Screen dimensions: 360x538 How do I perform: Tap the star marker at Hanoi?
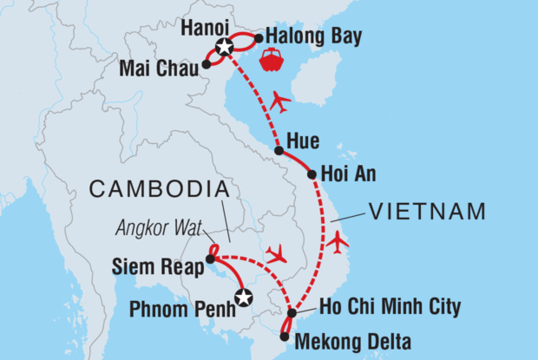pyautogui.click(x=225, y=48)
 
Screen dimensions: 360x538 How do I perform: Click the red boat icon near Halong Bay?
pyautogui.click(x=271, y=62)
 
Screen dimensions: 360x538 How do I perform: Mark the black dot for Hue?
pyautogui.click(x=279, y=151)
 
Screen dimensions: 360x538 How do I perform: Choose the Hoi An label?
pyautogui.click(x=347, y=173)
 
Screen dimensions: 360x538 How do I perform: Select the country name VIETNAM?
pyautogui.click(x=427, y=211)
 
